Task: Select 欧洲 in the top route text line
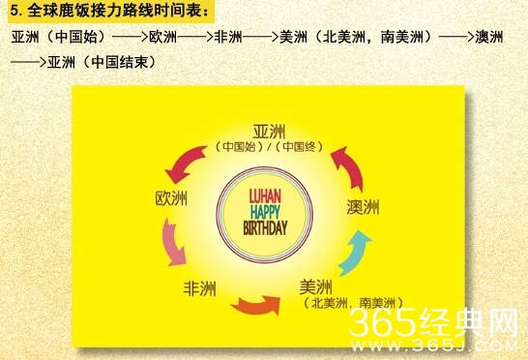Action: pos(162,39)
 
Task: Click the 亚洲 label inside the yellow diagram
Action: pos(272,133)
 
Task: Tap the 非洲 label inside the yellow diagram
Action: pos(200,287)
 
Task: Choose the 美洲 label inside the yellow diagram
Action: pos(316,286)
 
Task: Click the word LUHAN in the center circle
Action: pos(265,194)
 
